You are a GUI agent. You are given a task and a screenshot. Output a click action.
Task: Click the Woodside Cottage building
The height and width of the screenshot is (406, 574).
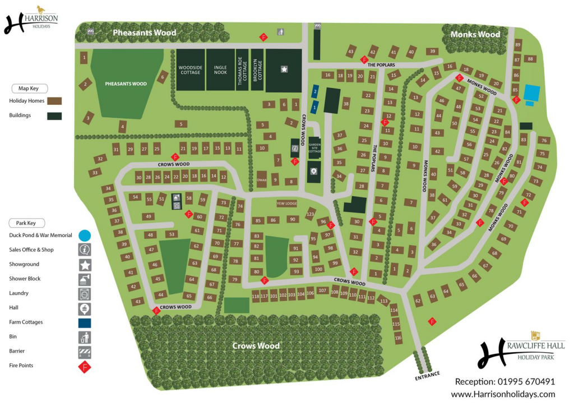(190, 70)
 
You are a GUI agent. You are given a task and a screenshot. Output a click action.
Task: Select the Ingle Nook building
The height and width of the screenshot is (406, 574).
(220, 70)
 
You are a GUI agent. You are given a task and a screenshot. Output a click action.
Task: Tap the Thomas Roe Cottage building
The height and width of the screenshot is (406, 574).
(242, 70)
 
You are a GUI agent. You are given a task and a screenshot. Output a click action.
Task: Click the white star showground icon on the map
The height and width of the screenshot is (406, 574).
(284, 70)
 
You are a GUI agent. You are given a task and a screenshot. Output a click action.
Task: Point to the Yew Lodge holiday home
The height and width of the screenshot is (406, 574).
(286, 204)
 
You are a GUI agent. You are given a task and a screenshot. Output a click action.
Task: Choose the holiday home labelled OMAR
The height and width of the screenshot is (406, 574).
(261, 179)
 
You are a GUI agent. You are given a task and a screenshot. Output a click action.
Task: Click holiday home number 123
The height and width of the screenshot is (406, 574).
(310, 214)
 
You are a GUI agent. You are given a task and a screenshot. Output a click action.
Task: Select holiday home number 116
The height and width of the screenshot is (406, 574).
(398, 338)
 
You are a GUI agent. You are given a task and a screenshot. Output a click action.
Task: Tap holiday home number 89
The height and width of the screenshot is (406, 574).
(517, 45)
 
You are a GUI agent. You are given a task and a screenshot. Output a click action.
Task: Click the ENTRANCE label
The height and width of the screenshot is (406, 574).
(428, 375)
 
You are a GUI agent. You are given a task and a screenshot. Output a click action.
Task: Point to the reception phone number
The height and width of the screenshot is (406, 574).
(504, 381)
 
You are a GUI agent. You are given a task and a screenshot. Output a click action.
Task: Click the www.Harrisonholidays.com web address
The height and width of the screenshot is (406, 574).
(503, 394)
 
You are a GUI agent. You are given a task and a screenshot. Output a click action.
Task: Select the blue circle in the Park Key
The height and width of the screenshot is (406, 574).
(85, 236)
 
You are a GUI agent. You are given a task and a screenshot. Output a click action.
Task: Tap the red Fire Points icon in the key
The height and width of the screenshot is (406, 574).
(85, 367)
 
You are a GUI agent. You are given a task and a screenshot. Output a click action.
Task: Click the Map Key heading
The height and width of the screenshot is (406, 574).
(31, 88)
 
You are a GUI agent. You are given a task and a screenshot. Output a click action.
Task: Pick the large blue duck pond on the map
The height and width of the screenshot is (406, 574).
(531, 91)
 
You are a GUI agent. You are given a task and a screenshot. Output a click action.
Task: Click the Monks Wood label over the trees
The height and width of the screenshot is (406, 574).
(475, 34)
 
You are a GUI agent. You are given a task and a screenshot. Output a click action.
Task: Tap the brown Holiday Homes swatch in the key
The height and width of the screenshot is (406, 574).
(54, 101)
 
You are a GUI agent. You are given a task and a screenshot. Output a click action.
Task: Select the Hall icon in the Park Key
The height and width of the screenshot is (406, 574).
(85, 308)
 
